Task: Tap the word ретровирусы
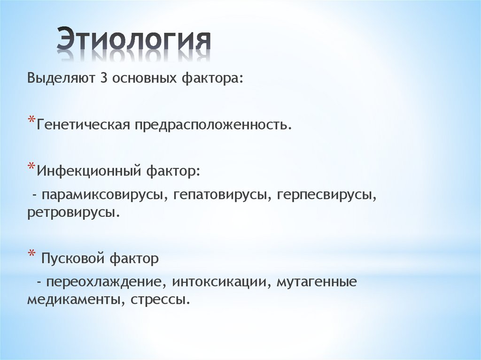pyautogui.click(x=73, y=212)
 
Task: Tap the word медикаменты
pyautogui.click(x=72, y=299)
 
